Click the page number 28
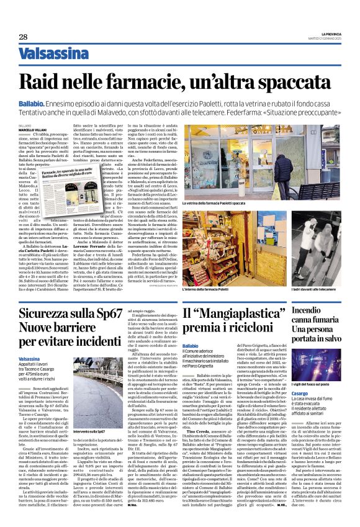pos(23,37)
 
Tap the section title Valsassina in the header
pos(54,55)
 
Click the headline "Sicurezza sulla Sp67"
pos(70,313)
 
